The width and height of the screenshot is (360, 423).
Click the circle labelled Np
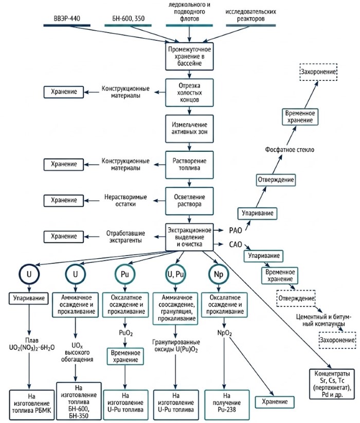[219, 265]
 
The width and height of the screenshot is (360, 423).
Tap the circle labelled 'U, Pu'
[175, 265]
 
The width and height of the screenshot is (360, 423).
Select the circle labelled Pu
[125, 265]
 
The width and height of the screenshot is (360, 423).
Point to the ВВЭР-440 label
[67, 19]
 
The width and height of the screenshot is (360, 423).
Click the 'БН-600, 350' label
[129, 19]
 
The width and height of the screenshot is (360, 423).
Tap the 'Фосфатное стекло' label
[290, 150]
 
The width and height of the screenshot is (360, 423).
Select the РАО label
[236, 231]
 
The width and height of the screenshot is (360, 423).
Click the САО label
[236, 244]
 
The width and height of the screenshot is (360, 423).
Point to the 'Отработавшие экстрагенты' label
[125, 237]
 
